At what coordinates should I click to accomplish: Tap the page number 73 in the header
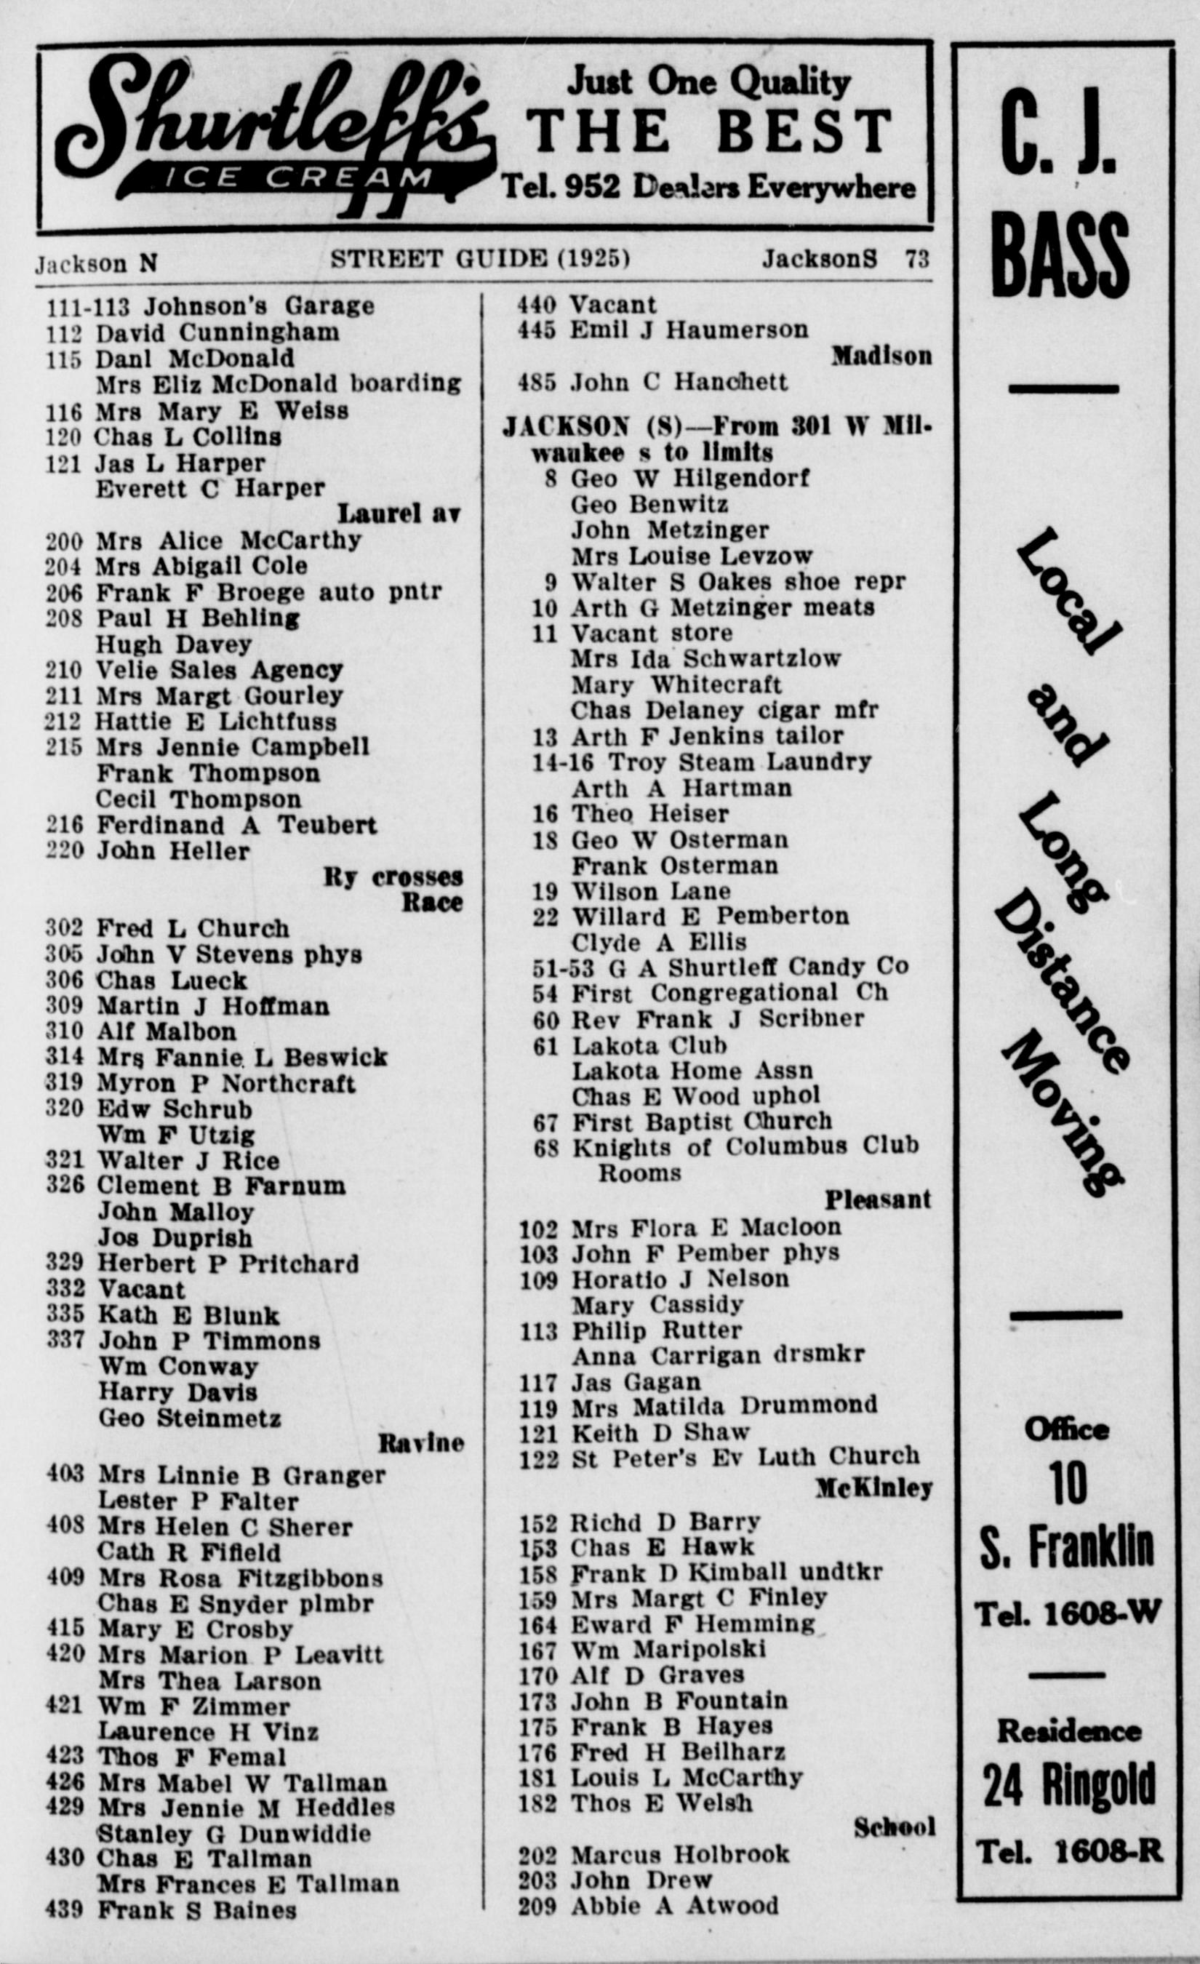(x=917, y=259)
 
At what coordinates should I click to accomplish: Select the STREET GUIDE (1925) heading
(x=480, y=259)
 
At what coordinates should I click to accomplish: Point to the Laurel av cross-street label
(x=399, y=514)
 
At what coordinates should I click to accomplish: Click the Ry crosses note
(x=393, y=877)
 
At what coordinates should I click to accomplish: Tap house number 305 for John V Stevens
(x=65, y=955)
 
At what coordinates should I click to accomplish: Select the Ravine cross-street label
(x=420, y=1443)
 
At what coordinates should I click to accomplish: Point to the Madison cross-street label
(x=881, y=356)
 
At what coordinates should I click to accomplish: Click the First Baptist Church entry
(x=701, y=1122)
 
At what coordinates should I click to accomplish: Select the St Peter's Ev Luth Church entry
(x=745, y=1457)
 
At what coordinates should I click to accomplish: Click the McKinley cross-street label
(x=873, y=1488)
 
